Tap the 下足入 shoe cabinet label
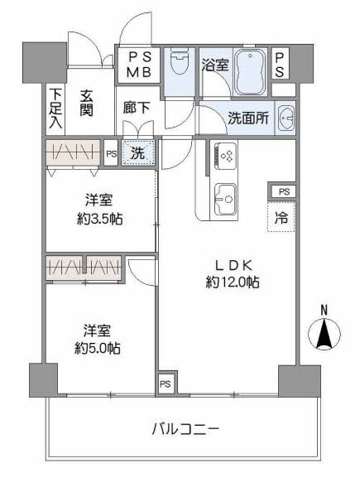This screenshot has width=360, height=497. (55, 108)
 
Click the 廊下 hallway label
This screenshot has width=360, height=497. (137, 107)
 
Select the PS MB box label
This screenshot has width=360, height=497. (139, 64)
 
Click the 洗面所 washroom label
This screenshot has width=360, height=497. (248, 118)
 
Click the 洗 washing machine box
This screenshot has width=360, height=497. (138, 153)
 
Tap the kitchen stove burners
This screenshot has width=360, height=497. (225, 155)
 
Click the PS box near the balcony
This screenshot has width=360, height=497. (166, 384)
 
